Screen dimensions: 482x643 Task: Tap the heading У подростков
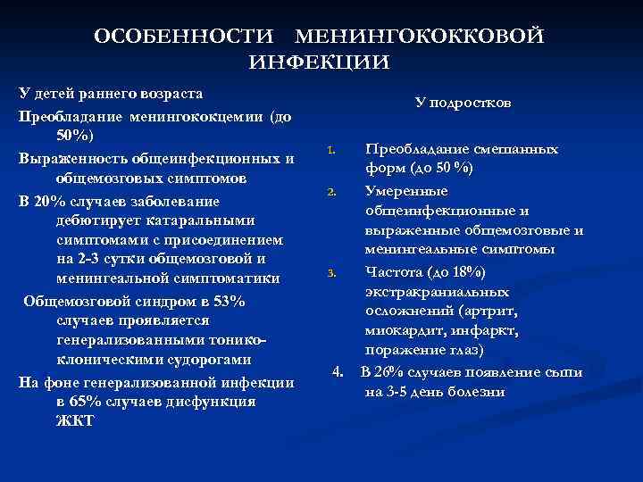[x=463, y=104]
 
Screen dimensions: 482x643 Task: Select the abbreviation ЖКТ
[x=74, y=421]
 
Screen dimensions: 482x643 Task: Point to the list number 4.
[x=337, y=371]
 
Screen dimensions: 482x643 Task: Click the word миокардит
[x=401, y=331]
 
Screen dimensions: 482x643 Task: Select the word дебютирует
[x=93, y=220]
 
